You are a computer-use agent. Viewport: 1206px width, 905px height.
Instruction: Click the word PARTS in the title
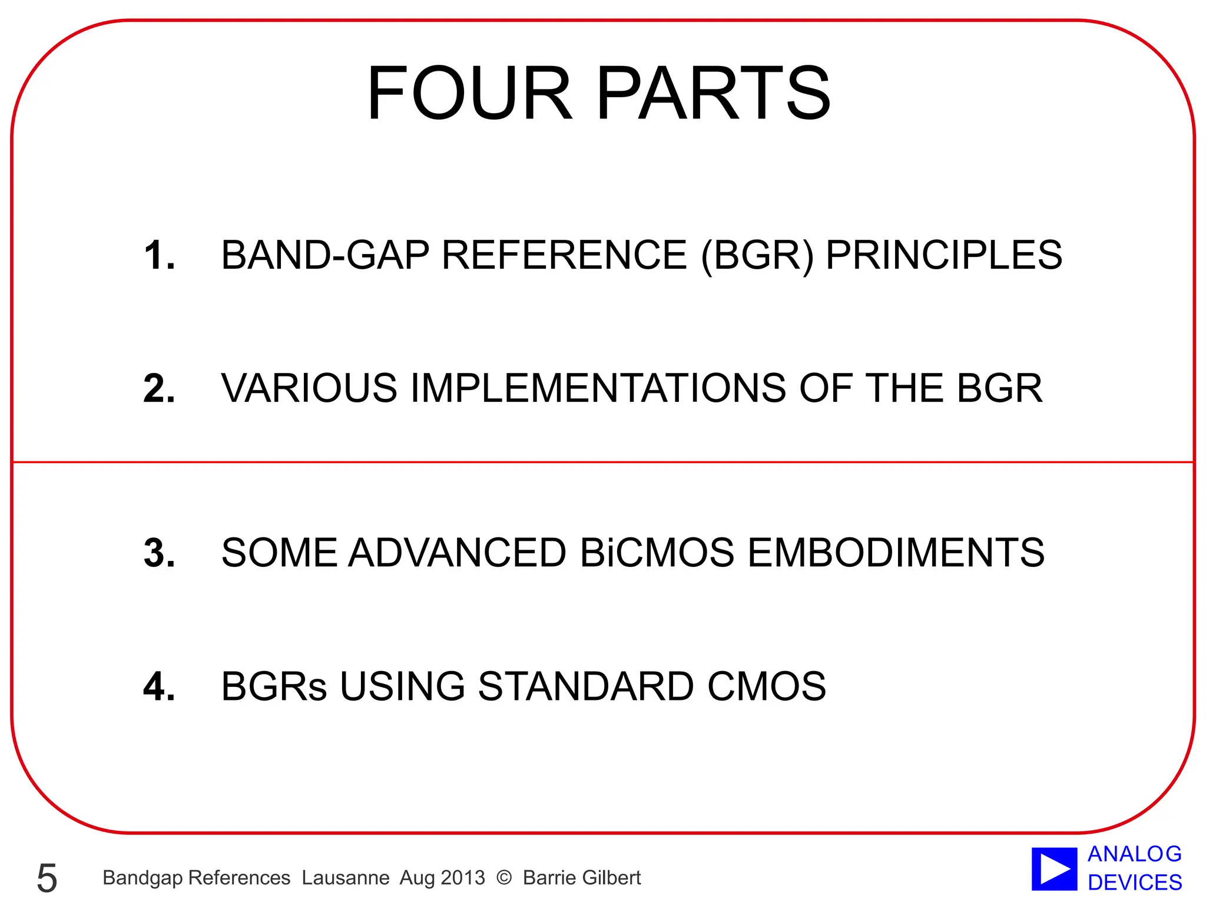(713, 93)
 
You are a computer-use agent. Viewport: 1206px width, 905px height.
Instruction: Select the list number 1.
(159, 255)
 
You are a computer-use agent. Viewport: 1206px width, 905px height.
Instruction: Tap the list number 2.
(159, 388)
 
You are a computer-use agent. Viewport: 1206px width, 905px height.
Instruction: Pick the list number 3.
(159, 553)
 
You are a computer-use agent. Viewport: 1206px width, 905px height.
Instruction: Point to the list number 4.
(159, 686)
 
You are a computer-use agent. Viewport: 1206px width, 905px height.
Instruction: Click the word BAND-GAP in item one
(325, 255)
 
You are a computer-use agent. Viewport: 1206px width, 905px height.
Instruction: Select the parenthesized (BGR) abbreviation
(757, 255)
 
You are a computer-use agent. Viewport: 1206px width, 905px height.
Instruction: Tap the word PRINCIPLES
(944, 255)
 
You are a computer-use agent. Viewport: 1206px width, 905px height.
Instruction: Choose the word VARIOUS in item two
(309, 388)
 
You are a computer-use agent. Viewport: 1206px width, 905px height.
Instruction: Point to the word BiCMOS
(657, 553)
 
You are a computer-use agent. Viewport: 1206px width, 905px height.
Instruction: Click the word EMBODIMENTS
(896, 553)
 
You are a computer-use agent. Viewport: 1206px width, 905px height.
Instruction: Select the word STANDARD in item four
(585, 686)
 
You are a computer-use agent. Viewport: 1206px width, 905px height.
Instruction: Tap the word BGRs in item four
(274, 686)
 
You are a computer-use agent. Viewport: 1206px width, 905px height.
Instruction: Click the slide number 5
(47, 878)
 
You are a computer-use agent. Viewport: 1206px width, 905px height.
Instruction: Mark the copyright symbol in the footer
(504, 878)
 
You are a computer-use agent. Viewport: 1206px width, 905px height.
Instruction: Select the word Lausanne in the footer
(346, 878)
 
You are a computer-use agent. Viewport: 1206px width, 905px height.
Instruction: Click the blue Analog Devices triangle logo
(1054, 869)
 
